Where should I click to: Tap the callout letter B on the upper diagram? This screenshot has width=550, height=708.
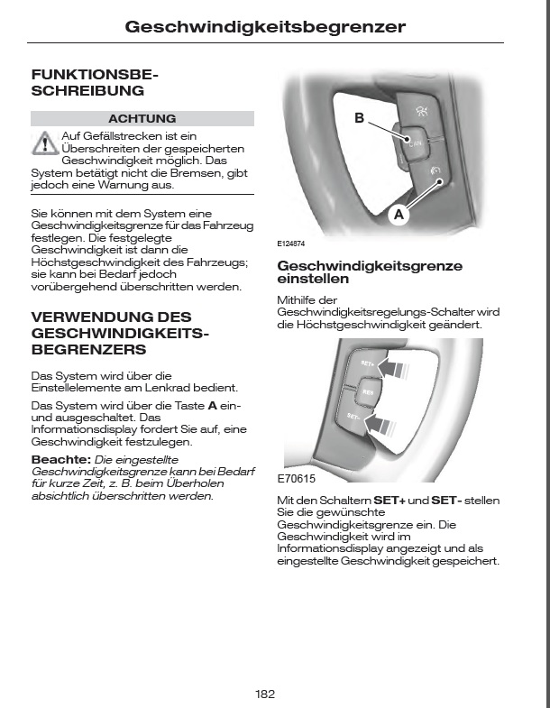(359, 118)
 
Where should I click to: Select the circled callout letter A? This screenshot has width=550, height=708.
(399, 215)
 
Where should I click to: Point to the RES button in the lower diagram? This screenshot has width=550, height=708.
(367, 392)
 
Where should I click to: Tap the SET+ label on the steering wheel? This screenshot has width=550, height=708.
(366, 364)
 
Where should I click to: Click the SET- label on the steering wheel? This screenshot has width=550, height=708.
(353, 418)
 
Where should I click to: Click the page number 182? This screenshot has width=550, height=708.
(264, 694)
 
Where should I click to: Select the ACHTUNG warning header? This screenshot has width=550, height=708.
(142, 118)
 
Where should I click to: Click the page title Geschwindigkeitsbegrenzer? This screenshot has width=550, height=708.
(264, 28)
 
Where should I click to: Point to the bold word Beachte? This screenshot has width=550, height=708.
(60, 458)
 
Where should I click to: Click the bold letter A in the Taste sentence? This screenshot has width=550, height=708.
(212, 405)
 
